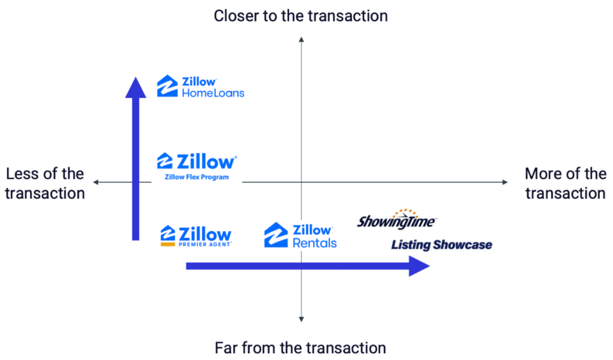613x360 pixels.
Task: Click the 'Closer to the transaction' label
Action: (301, 15)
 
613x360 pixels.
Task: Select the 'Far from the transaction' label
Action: (301, 347)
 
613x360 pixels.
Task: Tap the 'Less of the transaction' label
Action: (45, 183)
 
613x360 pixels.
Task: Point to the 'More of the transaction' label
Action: (565, 183)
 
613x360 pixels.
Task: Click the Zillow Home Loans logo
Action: (201, 86)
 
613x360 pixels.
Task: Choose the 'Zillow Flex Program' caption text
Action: (196, 177)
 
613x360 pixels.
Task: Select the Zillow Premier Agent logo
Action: (196, 236)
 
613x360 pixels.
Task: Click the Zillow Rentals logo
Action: (301, 235)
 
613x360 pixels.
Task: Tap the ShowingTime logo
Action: (396, 220)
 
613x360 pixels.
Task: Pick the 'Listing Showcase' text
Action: (442, 244)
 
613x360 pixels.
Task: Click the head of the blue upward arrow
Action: (135, 87)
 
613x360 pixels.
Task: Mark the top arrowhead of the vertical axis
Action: (301, 40)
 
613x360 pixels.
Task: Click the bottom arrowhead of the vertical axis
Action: (301, 319)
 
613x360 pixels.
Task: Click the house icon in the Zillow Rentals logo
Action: (276, 235)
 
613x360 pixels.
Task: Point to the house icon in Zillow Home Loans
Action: (167, 86)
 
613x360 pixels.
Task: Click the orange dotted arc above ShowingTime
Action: (402, 213)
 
